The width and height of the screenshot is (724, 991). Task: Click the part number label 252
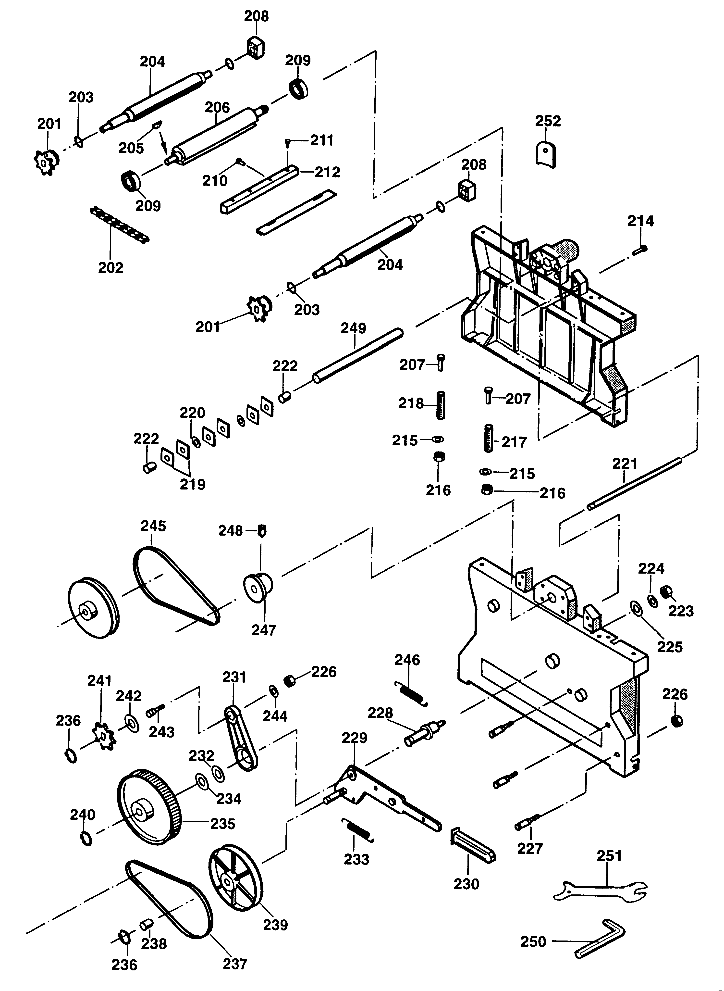pyautogui.click(x=548, y=121)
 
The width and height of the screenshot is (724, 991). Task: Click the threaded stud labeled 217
pyautogui.click(x=488, y=438)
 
